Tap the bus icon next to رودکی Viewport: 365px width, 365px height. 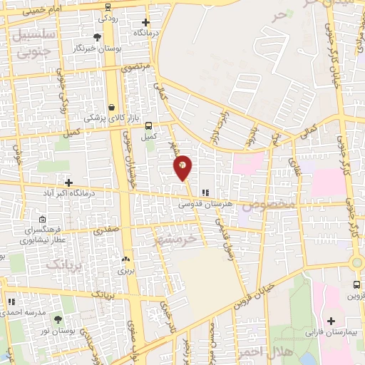click(x=108, y=7)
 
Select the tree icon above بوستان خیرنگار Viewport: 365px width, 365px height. click(x=97, y=37)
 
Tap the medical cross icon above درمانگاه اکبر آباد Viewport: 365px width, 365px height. click(x=68, y=182)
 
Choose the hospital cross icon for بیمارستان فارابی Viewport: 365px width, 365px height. click(x=332, y=322)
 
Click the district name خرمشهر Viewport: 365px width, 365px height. click(x=175, y=240)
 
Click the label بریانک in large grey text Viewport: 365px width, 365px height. click(x=66, y=264)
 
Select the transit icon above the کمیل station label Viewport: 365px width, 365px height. click(x=148, y=125)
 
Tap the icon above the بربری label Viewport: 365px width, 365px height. click(x=126, y=259)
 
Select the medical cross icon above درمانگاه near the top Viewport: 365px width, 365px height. click(x=146, y=23)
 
